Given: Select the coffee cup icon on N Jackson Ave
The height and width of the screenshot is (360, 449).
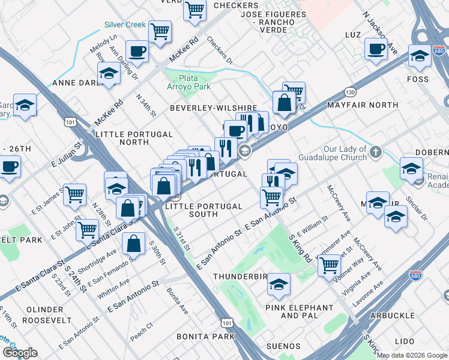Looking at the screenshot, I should (x=376, y=49).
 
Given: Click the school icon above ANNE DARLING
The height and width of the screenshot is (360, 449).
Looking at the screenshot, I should (x=109, y=74).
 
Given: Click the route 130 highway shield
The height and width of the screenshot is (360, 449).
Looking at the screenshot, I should (x=350, y=92).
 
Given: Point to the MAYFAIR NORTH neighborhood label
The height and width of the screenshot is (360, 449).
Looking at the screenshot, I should (x=363, y=105).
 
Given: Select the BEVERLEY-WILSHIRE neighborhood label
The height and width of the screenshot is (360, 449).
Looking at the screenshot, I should (x=213, y=108).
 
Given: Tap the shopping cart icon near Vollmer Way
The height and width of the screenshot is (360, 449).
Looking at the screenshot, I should (x=329, y=264).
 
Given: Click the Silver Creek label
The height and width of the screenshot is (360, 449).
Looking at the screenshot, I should (x=125, y=25).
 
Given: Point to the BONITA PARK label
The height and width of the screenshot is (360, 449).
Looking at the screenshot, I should (x=211, y=337).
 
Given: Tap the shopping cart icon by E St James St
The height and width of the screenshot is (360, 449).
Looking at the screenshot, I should (x=75, y=194).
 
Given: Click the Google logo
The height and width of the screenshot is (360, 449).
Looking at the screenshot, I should (x=20, y=353).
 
